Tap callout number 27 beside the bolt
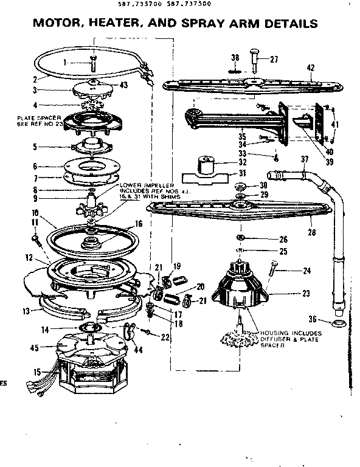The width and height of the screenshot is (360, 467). [274, 60]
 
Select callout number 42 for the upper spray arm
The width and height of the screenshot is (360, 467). [310, 68]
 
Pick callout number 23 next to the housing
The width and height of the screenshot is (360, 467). [306, 294]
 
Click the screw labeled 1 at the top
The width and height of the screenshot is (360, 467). [93, 63]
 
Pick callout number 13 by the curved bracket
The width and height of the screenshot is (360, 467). [24, 311]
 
